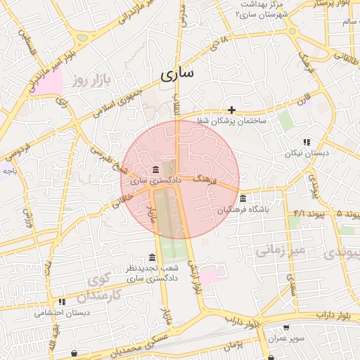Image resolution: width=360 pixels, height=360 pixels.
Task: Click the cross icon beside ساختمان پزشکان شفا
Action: [231, 110]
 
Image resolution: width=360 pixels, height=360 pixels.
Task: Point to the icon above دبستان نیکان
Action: [306, 142]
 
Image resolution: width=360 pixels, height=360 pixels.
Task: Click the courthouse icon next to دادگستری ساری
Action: [155, 169]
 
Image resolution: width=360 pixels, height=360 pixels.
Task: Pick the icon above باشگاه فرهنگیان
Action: [243, 198]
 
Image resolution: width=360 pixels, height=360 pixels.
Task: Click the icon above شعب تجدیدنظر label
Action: [152, 257]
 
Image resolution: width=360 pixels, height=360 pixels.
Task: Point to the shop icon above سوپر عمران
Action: [286, 328]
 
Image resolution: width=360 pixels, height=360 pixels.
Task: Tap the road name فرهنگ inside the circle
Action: [205, 181]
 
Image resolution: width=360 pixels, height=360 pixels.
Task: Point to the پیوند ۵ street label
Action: [348, 213]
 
